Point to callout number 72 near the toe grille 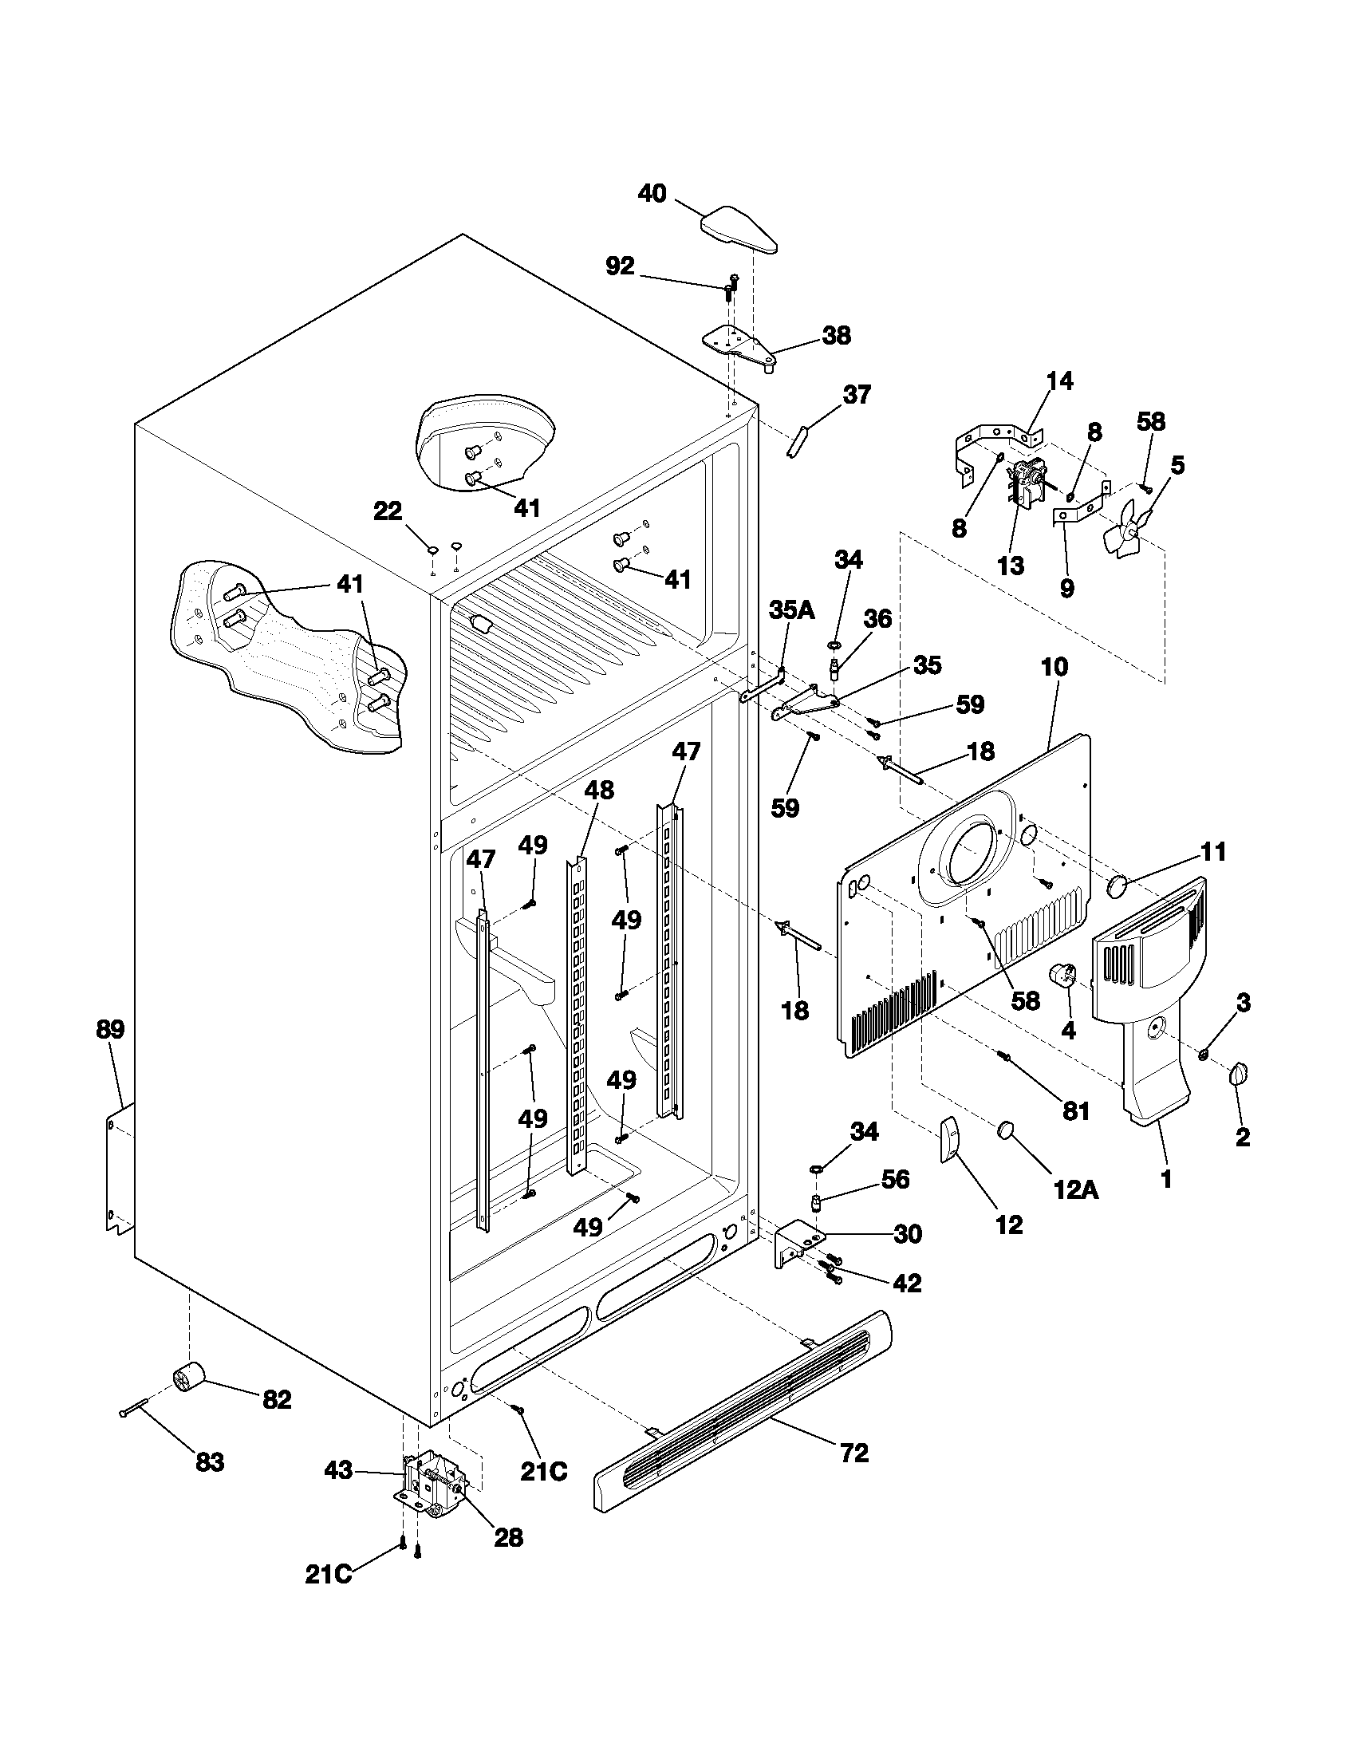coord(854,1453)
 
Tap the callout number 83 coord(210,1461)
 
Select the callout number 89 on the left coord(110,1029)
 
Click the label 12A coord(1076,1189)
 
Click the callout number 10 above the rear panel coord(1054,666)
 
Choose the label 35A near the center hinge coord(791,610)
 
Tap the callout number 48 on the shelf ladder coord(599,790)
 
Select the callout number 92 coord(619,266)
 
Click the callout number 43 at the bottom coord(338,1470)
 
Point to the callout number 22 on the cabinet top coord(388,511)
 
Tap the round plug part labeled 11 coord(1117,886)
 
